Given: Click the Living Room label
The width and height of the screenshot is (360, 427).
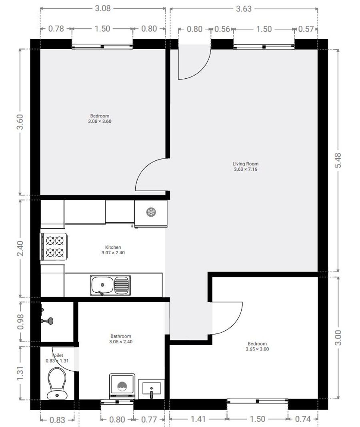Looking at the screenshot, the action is pos(245,164).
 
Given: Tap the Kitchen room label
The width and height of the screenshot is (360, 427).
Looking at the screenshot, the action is pos(113,247).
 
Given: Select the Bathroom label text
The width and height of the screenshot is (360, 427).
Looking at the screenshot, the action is pos(121,336).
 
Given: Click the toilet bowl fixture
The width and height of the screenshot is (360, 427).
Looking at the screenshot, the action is pos(57,383).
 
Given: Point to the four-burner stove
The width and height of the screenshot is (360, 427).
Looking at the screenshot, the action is pos(54,246).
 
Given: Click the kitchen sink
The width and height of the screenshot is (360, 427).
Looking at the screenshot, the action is pos(110,285).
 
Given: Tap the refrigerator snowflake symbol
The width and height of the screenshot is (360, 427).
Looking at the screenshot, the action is pos(151,212).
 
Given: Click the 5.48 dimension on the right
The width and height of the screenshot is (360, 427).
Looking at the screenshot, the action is pos(338,160).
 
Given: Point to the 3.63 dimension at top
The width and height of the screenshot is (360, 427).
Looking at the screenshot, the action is pos(244,9).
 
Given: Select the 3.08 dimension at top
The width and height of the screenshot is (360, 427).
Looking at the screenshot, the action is pos(103,8).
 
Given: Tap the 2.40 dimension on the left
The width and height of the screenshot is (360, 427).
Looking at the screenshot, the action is pos(20,248).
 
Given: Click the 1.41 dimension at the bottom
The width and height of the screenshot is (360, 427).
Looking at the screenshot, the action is pos(198,419).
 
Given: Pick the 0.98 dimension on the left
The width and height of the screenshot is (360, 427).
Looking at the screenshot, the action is pos(20,321).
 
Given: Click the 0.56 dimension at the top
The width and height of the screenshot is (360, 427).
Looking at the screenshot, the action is pos(222,29).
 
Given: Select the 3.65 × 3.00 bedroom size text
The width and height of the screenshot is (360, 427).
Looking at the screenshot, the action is pos(257,349).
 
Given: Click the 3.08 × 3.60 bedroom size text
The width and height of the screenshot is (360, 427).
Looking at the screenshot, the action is pos(100,122).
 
